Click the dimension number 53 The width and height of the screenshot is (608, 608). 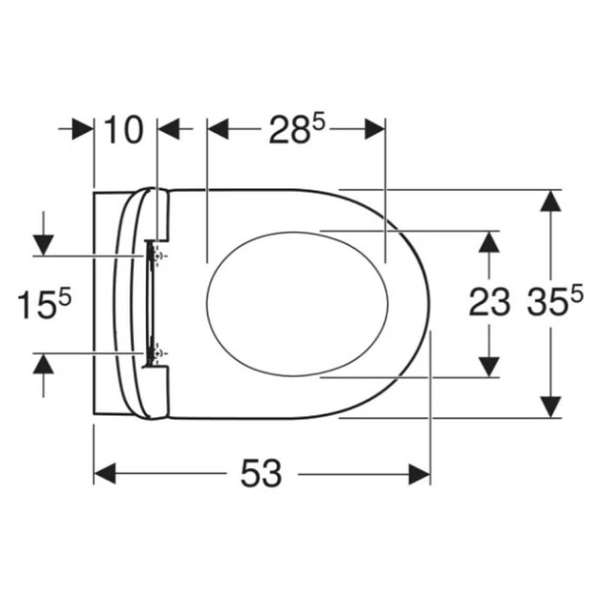(x=261, y=473)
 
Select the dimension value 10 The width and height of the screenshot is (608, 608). (x=123, y=129)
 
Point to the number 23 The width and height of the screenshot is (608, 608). (x=489, y=302)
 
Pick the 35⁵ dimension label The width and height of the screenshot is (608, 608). (x=555, y=300)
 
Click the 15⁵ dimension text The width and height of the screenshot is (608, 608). (x=44, y=303)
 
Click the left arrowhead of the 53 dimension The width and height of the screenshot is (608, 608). (x=105, y=473)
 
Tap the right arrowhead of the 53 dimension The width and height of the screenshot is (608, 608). (x=420, y=473)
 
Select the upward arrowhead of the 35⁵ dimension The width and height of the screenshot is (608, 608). (x=551, y=201)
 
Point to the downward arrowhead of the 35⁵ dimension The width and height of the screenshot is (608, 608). (x=551, y=407)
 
